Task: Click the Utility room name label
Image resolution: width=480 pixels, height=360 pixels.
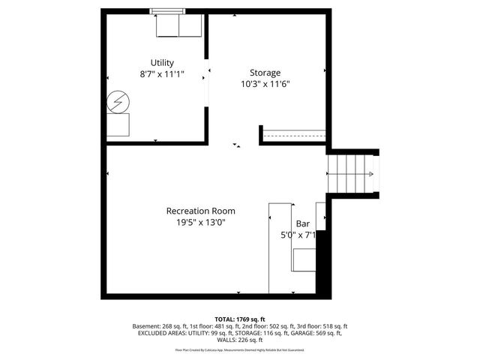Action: click(x=162, y=62)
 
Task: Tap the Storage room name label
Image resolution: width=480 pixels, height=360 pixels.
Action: click(x=265, y=73)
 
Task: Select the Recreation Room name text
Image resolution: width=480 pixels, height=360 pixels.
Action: click(x=200, y=211)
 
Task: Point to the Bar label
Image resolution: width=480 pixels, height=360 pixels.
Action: click(x=303, y=223)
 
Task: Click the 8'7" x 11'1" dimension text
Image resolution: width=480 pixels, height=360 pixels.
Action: click(x=162, y=75)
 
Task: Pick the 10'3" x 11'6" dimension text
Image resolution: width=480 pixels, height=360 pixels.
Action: click(x=265, y=85)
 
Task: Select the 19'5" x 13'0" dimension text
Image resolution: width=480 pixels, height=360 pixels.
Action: click(x=200, y=223)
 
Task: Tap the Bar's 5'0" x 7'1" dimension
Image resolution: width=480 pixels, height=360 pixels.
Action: click(x=298, y=235)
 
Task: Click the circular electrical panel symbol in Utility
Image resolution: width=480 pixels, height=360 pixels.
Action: click(x=117, y=100)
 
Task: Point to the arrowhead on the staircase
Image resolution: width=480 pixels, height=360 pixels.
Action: click(x=370, y=174)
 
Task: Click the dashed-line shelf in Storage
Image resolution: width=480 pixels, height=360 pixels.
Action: click(x=293, y=136)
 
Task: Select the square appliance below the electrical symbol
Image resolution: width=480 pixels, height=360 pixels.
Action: click(x=118, y=124)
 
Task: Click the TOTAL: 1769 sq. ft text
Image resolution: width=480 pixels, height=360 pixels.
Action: click(x=240, y=319)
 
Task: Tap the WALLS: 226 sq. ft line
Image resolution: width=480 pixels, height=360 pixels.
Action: click(x=240, y=341)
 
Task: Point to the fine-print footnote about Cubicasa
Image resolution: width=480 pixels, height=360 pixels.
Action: click(x=240, y=349)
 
